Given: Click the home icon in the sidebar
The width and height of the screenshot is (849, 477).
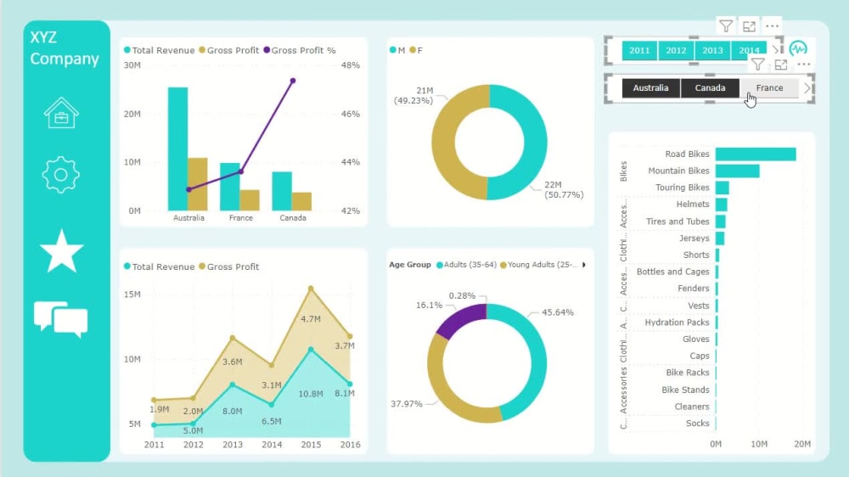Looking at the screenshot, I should (x=61, y=113).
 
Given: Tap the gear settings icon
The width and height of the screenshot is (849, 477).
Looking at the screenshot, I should (x=61, y=175).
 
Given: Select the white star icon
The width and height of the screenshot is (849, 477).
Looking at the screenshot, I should (x=61, y=251).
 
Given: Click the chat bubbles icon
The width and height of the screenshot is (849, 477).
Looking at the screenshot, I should (x=61, y=319).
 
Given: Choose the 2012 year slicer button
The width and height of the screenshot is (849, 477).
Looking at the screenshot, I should (x=676, y=51).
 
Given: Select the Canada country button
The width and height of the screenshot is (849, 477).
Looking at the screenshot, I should (x=710, y=88).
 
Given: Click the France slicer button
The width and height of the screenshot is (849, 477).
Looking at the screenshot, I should (x=769, y=88).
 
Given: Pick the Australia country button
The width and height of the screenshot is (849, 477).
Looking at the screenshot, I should (x=650, y=88).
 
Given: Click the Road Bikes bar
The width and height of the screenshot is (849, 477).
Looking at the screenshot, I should (x=755, y=154).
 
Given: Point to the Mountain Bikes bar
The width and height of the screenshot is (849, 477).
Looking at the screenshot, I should (x=736, y=171).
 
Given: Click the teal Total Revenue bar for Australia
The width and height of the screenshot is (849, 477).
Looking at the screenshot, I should (x=177, y=149).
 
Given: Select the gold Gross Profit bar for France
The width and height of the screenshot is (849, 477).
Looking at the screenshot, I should (x=250, y=200).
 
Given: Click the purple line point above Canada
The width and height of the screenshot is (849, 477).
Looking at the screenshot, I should (x=293, y=81).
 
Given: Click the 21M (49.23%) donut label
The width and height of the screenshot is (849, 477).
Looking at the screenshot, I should (x=413, y=95).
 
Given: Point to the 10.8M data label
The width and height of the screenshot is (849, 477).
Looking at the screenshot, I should (x=311, y=394).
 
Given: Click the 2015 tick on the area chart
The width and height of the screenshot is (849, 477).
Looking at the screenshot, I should (x=311, y=445).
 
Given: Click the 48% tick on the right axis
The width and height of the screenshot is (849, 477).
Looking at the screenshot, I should (x=351, y=65).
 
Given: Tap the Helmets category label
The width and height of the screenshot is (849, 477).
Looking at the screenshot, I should (x=693, y=205).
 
